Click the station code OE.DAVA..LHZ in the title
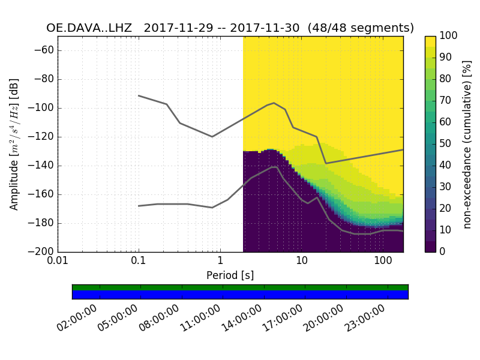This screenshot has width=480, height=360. [89, 28]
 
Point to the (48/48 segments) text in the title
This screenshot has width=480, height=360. [361, 28]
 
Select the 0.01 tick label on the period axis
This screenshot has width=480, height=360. [58, 262]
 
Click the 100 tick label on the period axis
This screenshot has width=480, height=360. [383, 262]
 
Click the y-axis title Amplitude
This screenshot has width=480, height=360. [14, 144]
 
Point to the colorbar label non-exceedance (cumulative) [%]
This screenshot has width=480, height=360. [467, 144]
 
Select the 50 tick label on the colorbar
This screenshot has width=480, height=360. [448, 144]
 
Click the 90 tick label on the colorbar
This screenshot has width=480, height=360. [448, 58]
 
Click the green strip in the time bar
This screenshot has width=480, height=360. [240, 287]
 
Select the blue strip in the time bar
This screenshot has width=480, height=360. [240, 295]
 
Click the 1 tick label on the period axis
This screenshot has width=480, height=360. [220, 262]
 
